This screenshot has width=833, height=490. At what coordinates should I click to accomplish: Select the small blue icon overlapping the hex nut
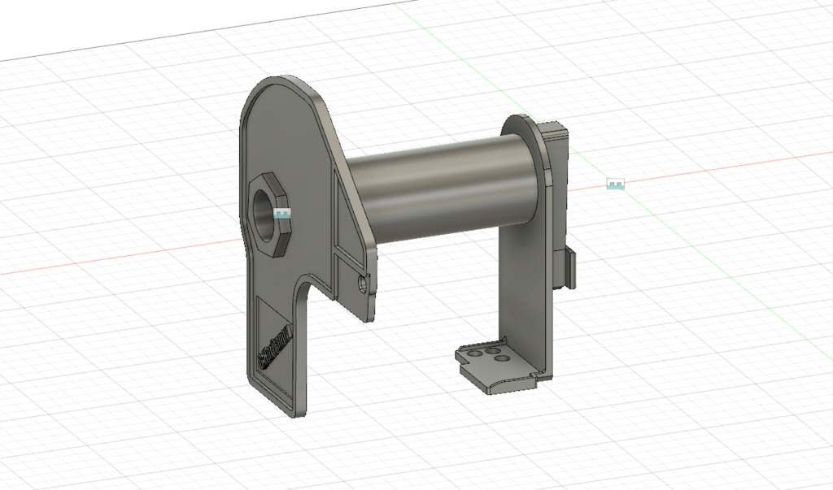point(283,215)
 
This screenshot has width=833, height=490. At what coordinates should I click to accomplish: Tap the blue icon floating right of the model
point(616,184)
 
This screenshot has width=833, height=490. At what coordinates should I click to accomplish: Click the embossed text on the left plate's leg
point(275,346)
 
